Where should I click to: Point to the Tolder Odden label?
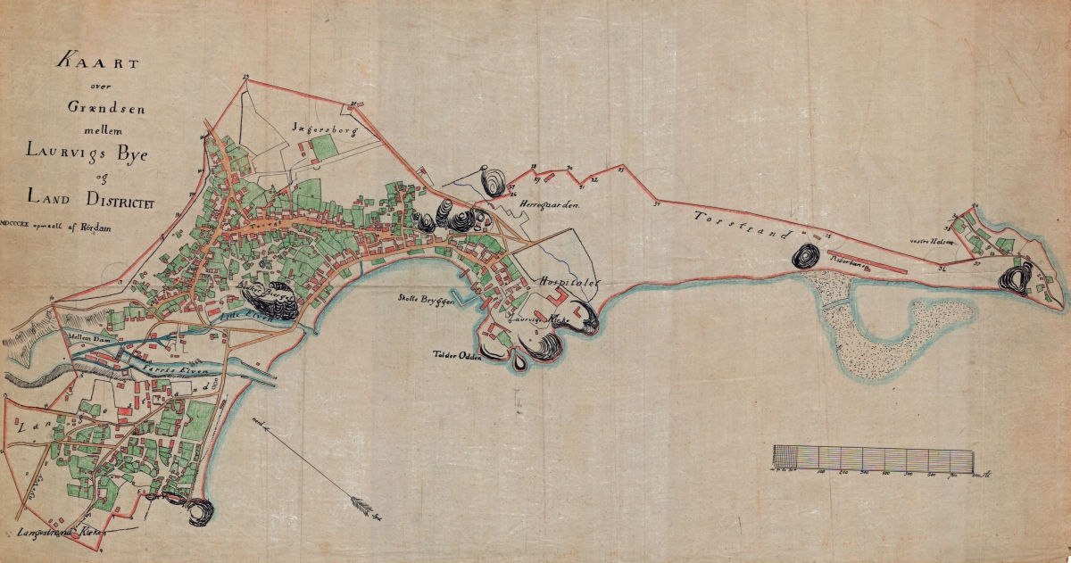(458, 355)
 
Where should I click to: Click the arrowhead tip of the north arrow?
(380, 517)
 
